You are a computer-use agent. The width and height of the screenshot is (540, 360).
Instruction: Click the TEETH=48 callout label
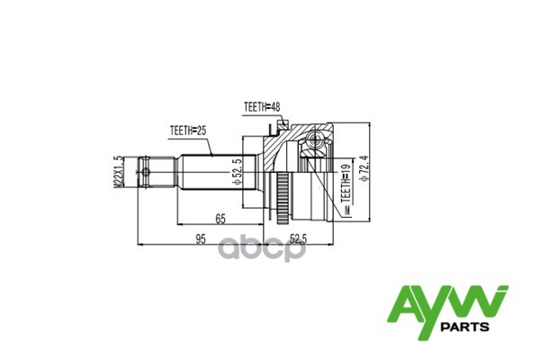pos(261,107)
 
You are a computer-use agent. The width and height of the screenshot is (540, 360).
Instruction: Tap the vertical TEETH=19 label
pos(346,191)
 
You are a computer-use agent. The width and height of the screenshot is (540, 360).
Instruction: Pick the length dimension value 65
pos(220,217)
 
